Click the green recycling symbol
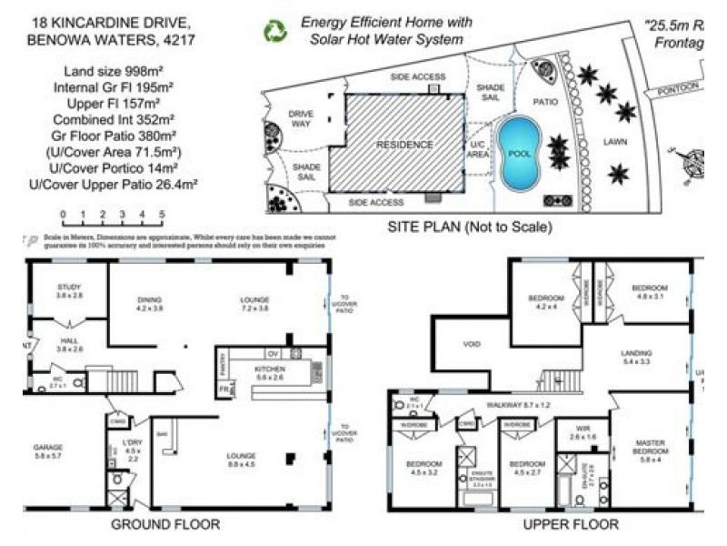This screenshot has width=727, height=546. [x=274, y=31]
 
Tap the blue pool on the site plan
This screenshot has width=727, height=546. [x=519, y=155]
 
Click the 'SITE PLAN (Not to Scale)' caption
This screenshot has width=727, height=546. [x=469, y=227]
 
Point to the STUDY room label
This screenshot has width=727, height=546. [x=69, y=291]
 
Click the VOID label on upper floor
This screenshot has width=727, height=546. [x=471, y=346]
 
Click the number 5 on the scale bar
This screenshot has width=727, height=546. [x=162, y=216]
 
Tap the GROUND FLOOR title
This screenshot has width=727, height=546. [x=164, y=524]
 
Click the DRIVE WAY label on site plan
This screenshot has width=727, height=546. [x=301, y=119]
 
